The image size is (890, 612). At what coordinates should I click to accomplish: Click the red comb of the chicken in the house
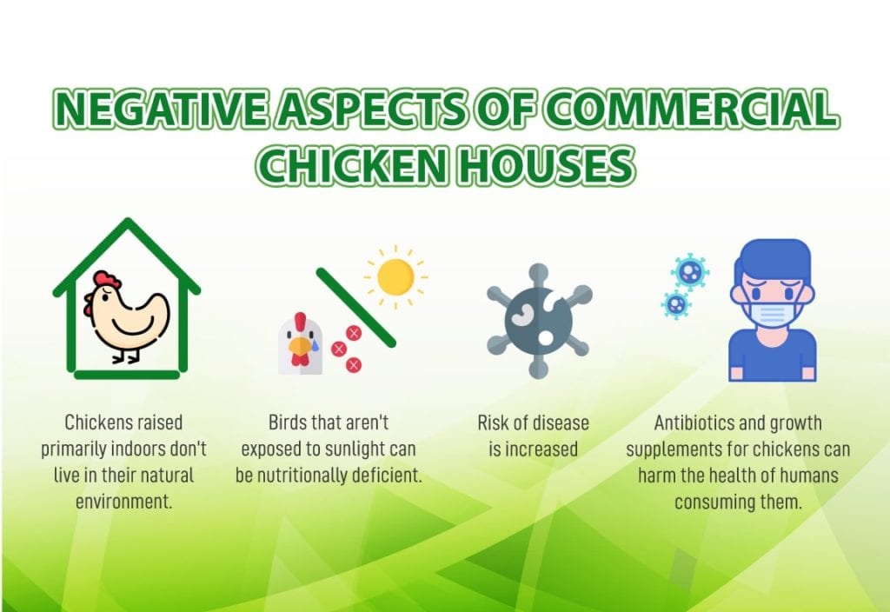[x=106, y=281]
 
